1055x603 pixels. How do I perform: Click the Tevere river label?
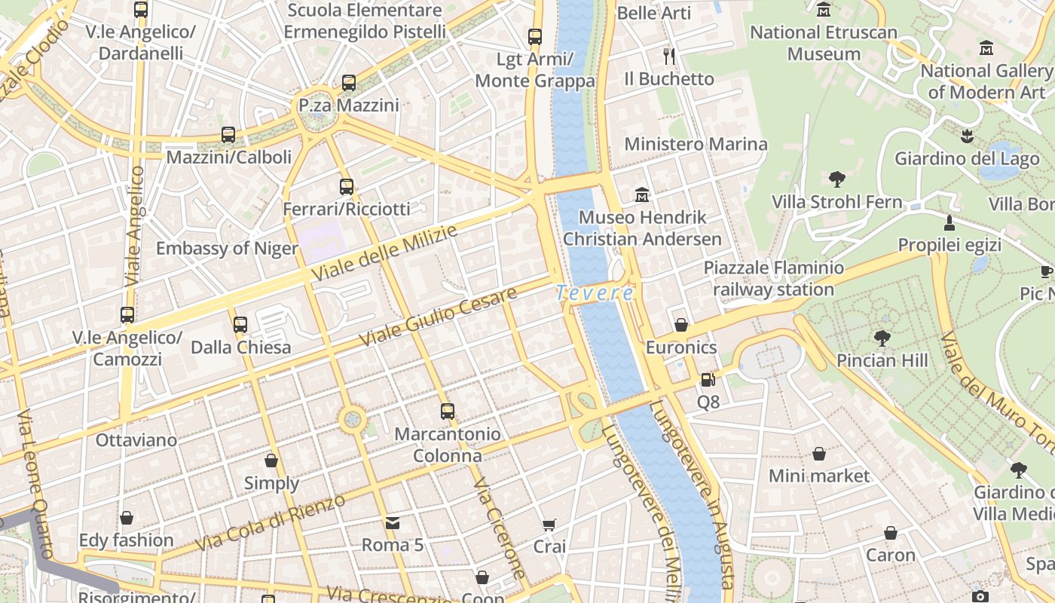[x=595, y=292]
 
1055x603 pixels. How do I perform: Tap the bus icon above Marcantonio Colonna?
[x=448, y=412]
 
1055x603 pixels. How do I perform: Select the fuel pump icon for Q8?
[x=708, y=380]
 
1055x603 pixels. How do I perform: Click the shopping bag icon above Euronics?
[x=681, y=325]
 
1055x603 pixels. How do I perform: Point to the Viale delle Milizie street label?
[x=384, y=254]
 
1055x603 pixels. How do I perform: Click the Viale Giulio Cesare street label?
[x=438, y=317]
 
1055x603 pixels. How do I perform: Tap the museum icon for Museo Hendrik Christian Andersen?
[x=642, y=195]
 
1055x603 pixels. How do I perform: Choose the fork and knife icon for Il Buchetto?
[x=668, y=56]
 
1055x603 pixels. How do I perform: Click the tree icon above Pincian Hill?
[x=882, y=338]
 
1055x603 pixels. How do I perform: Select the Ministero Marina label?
[x=696, y=144]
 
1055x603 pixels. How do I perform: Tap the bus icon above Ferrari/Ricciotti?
[x=347, y=186]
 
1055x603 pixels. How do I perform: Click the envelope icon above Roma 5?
[x=393, y=523]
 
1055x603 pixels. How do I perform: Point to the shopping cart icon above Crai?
[x=549, y=525]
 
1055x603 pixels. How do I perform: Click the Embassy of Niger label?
[x=227, y=249]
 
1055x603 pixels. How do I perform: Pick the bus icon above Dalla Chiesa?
[x=240, y=325]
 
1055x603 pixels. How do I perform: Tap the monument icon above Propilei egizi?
[x=949, y=223]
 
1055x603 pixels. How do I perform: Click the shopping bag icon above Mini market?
[x=819, y=454]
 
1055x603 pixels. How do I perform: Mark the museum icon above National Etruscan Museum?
[x=824, y=11]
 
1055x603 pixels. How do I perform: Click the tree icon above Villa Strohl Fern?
[x=836, y=179]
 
